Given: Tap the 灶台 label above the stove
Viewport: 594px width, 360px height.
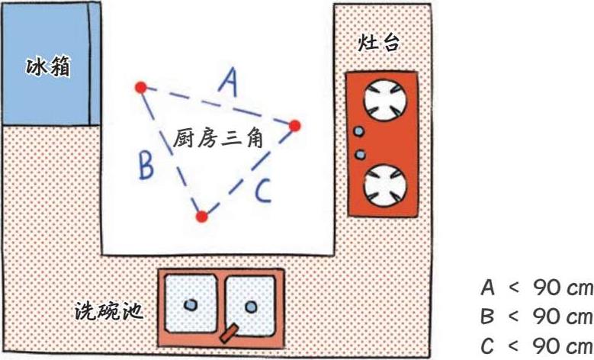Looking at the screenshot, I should [x=379, y=43].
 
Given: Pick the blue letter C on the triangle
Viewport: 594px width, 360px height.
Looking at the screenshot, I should [x=262, y=191].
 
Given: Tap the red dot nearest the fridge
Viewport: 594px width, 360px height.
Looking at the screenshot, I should [x=140, y=88].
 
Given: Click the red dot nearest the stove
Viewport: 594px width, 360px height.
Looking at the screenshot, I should [x=295, y=125].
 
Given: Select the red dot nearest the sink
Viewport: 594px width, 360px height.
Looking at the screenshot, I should [x=201, y=217].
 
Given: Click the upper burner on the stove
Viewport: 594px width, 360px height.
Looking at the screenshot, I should [x=384, y=100].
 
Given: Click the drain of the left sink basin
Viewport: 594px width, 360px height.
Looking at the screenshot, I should [x=191, y=304].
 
